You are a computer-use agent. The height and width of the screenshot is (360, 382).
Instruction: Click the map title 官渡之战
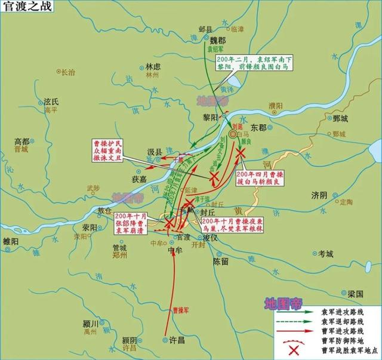[x=24, y=6]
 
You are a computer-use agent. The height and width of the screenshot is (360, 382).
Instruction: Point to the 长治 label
[x=68, y=72]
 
